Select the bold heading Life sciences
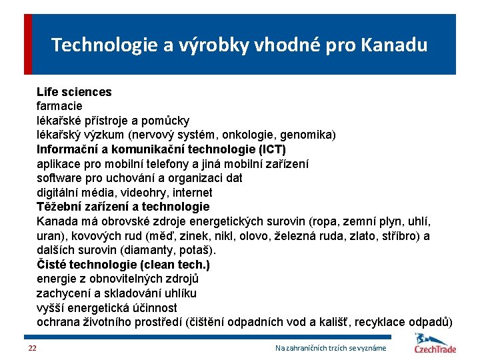pos(74,92)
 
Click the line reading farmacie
pos(59,106)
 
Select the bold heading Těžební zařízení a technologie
pos(123,207)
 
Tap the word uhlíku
pos(179,293)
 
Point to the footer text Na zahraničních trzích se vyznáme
pos(331,349)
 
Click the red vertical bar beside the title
pos(28,44)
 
